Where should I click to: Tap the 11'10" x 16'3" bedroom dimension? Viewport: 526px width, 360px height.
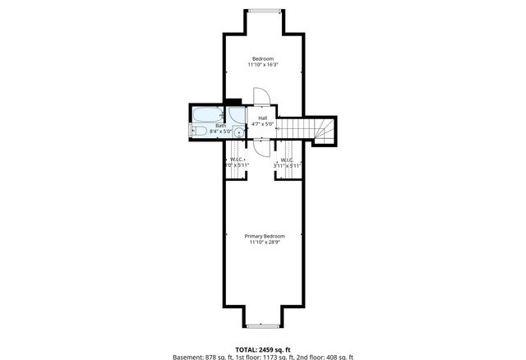(263, 64)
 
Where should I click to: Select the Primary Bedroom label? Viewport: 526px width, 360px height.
(264, 236)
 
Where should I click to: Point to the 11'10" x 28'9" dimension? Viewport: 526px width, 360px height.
(264, 242)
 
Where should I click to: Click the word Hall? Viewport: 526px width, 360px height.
(262, 118)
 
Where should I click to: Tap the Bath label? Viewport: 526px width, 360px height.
(220, 125)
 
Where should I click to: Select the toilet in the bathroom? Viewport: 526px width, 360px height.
(198, 132)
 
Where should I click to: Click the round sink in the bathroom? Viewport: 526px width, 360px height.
(239, 132)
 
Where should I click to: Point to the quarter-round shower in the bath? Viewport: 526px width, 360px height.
(236, 113)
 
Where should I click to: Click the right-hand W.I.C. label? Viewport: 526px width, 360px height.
(288, 159)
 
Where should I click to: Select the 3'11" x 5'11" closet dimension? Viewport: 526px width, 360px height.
(288, 166)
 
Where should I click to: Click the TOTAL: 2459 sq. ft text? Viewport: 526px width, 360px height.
(263, 349)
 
